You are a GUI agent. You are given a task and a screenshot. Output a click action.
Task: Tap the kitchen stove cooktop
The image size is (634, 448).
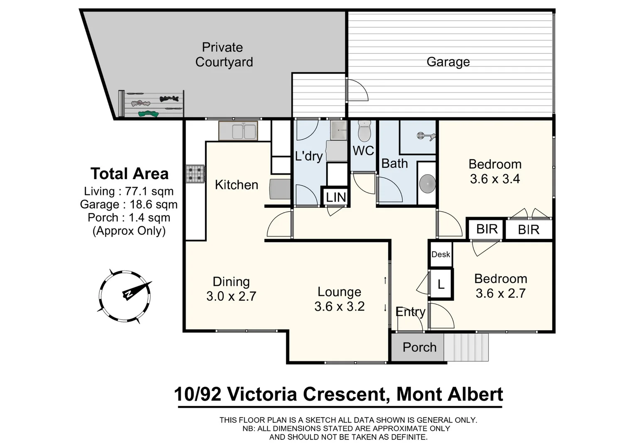[x=195, y=174]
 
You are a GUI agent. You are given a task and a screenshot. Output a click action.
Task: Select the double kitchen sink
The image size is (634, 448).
[x=238, y=131]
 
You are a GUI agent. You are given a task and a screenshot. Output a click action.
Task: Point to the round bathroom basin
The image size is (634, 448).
[x=427, y=183]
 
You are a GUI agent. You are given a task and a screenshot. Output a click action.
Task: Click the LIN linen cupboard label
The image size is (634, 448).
[x=335, y=197]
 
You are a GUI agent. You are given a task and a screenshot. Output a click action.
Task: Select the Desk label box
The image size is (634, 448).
[x=441, y=254]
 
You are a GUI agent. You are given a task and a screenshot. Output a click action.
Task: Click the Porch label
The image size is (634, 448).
[x=419, y=347]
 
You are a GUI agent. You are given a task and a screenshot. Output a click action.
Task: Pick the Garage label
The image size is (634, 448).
[x=448, y=62]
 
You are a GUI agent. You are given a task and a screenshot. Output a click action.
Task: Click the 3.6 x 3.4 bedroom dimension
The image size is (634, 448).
[x=494, y=179]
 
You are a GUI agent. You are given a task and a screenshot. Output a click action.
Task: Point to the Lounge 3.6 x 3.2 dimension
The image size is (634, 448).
[x=339, y=307]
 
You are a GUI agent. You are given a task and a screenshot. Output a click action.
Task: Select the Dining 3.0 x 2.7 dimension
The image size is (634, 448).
[x=231, y=296]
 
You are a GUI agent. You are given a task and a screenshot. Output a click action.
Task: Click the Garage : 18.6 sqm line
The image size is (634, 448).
[x=129, y=205]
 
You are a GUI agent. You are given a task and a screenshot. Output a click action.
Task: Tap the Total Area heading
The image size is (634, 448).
[x=130, y=174]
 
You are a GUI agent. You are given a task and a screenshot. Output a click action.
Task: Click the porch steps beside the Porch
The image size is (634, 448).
[x=466, y=347]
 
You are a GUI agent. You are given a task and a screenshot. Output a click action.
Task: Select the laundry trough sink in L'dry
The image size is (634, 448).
[x=338, y=131]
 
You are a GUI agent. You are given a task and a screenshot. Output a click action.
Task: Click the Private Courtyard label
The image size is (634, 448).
[x=224, y=55]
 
